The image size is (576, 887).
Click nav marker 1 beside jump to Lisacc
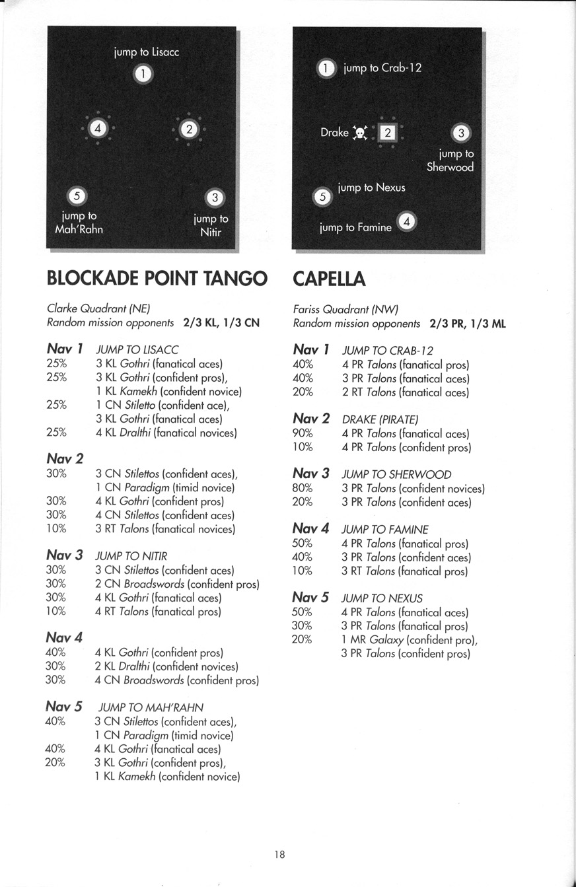coord(144,73)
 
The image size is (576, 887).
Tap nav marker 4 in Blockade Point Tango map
coord(98,128)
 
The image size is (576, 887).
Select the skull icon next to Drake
coord(360,133)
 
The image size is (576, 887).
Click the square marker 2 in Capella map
coord(388,133)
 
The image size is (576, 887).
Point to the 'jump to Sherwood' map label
coord(450,160)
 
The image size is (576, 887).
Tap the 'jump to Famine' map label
coord(355,228)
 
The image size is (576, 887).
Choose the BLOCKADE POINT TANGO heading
coord(157,279)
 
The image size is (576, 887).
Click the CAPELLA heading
coord(329,279)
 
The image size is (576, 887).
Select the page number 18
coord(279,854)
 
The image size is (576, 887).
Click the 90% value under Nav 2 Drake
coord(303,434)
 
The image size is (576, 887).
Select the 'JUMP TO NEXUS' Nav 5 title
coord(382,598)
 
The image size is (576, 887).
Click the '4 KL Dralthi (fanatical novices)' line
coord(166,433)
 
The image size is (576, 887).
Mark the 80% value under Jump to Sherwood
coord(303,489)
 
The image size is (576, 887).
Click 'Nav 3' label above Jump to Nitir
coord(64,555)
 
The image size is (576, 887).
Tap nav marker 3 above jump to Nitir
coord(215,197)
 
